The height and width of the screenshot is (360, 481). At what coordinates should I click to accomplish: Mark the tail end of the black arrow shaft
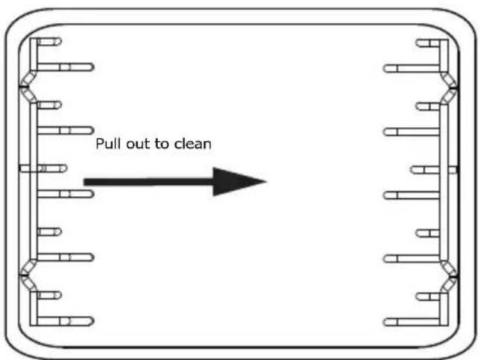pyautogui.click(x=84, y=182)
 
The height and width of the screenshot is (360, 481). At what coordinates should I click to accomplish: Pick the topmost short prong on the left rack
pyautogui.click(x=49, y=41)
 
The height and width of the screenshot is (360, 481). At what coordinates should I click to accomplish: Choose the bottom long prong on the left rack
pyautogui.click(x=65, y=321)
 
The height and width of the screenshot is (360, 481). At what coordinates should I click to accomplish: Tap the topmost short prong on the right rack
pyautogui.click(x=428, y=43)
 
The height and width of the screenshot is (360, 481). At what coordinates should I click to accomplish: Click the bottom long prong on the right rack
pyautogui.click(x=411, y=323)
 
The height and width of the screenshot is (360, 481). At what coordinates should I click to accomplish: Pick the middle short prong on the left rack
pyautogui.click(x=52, y=168)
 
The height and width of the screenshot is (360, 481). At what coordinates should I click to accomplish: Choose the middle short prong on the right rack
pyautogui.click(x=425, y=170)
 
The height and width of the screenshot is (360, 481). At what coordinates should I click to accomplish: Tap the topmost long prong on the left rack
pyautogui.click(x=65, y=67)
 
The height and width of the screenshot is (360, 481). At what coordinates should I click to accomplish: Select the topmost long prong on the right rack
pyautogui.click(x=411, y=68)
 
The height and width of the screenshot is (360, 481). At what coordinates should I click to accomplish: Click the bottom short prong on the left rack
pyautogui.click(x=49, y=295)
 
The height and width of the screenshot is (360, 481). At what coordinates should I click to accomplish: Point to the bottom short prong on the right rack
pyautogui.click(x=428, y=296)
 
